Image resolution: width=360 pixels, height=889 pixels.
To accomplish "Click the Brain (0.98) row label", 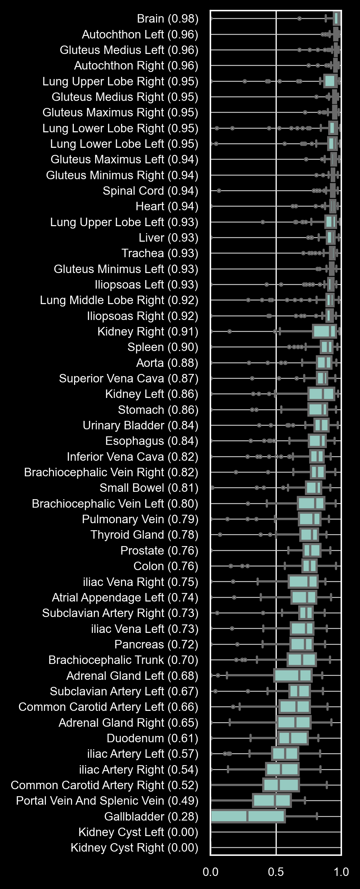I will [167, 19].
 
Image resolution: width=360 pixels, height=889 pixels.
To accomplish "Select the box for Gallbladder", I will [248, 816].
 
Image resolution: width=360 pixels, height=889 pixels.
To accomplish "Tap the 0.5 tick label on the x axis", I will [276, 871].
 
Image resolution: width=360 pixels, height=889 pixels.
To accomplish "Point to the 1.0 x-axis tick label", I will [341, 871].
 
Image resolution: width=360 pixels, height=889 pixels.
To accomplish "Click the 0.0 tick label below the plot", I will [210, 871].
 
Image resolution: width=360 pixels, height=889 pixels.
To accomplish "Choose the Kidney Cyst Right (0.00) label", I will [134, 847].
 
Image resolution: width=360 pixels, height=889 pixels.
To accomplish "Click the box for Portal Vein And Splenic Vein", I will [272, 800].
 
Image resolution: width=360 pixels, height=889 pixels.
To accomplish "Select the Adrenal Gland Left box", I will [293, 676].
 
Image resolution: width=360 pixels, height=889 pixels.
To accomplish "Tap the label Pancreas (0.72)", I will [156, 644].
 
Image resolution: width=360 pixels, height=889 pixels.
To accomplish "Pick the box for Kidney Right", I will [324, 331].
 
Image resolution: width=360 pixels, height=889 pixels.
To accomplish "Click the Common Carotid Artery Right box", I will [281, 785].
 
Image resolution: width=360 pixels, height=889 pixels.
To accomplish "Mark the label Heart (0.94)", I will [167, 206].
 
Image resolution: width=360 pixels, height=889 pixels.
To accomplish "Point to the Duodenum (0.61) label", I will [152, 738].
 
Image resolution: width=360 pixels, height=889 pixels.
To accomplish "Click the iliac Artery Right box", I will [282, 769].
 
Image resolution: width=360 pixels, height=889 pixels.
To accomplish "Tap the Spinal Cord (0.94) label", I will [150, 191].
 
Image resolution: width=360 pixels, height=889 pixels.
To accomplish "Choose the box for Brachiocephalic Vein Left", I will [311, 503].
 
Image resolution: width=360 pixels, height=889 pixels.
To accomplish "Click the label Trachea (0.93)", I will [160, 253].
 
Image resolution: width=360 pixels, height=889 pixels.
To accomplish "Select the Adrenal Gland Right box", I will [294, 722].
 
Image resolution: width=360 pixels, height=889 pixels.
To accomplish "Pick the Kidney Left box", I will [321, 394].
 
